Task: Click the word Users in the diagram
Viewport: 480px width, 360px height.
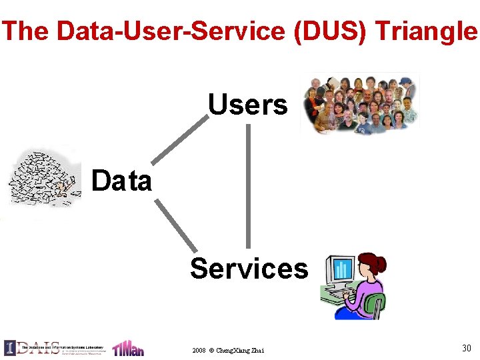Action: pos(248,105)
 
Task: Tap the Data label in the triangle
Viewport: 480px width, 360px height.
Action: pos(121,181)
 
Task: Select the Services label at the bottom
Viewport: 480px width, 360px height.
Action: pos(249,268)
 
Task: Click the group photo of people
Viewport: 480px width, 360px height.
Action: pos(360,103)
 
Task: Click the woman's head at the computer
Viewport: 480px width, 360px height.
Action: pos(368,265)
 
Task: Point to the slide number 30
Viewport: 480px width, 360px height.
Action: pos(466,347)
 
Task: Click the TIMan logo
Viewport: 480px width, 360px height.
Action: pos(127,348)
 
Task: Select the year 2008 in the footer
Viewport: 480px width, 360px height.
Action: pos(199,350)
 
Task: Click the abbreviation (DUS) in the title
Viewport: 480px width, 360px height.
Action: pos(329,31)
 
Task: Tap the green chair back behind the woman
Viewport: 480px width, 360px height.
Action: pos(377,303)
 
